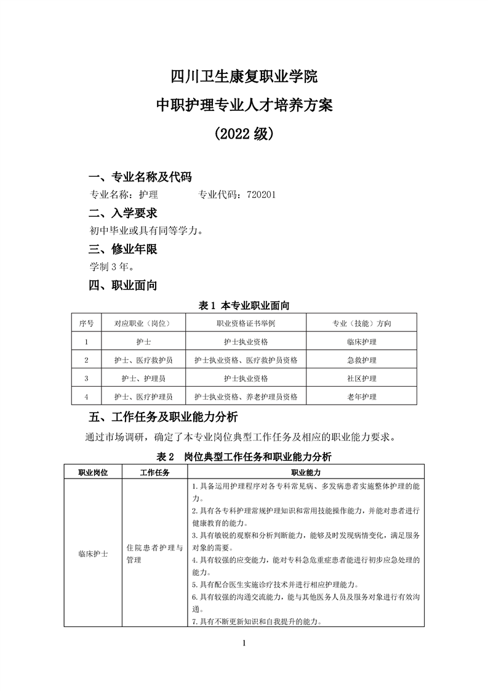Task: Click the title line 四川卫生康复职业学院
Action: click(x=244, y=77)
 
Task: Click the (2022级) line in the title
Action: click(x=244, y=133)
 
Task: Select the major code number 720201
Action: click(x=261, y=195)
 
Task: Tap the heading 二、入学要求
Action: click(x=123, y=213)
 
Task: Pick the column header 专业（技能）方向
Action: click(x=362, y=323)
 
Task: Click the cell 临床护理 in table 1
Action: click(x=362, y=342)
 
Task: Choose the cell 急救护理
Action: click(x=362, y=360)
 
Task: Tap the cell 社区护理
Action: click(x=362, y=378)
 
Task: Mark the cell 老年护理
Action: click(x=362, y=397)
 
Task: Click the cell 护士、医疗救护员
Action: click(x=143, y=360)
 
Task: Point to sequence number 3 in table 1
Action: click(x=86, y=378)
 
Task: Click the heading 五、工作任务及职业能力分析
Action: click(x=163, y=418)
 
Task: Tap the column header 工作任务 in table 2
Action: click(x=154, y=472)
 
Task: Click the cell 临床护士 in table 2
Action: click(x=93, y=554)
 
